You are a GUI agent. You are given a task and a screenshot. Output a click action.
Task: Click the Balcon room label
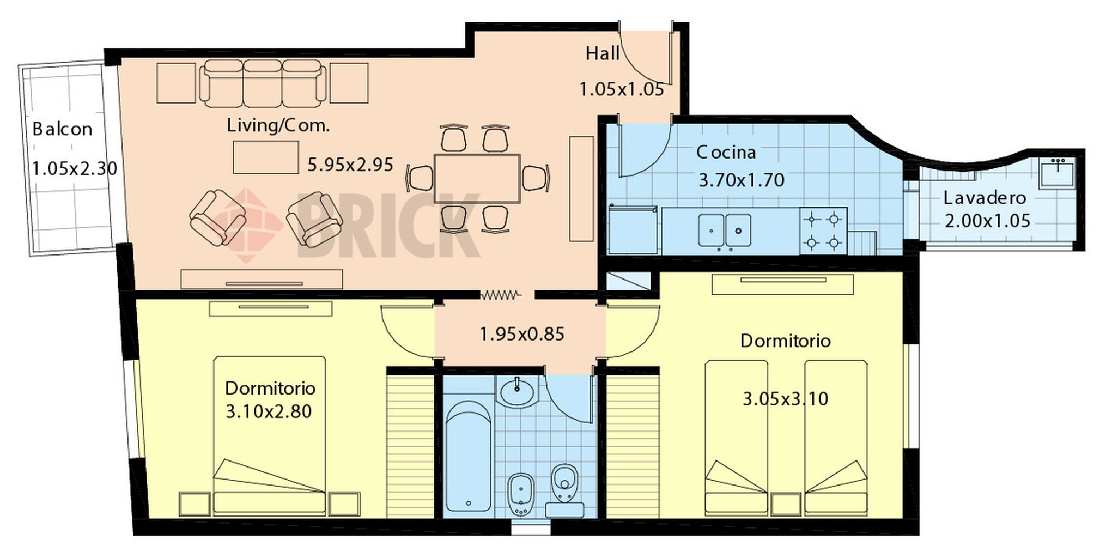coord(62,129)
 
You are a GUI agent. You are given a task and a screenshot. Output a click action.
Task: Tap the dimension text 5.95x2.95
coord(350,165)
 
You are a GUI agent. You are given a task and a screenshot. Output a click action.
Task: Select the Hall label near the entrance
coord(602,53)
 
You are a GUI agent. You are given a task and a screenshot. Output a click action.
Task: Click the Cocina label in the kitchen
coord(726,152)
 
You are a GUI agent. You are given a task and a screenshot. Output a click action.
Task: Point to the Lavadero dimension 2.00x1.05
coord(987,221)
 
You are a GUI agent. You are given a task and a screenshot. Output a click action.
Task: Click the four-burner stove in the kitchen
coord(823,231)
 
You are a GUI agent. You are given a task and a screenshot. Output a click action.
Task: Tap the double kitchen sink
coord(725,230)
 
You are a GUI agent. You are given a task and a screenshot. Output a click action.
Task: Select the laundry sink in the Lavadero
coord(1057,173)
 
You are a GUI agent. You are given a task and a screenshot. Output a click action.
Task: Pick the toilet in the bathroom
coord(564,485)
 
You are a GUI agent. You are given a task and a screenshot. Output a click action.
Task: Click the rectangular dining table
coord(477,178)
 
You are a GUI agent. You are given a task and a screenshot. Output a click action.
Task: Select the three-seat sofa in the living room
coord(262,83)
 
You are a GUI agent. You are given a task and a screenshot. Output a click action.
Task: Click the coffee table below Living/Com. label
coord(265,157)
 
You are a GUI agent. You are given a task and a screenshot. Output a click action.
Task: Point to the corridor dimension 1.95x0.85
coord(521,334)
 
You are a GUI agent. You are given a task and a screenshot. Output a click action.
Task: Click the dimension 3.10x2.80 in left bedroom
coord(269,411)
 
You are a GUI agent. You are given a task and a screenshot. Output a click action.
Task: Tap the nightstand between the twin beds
coord(786,504)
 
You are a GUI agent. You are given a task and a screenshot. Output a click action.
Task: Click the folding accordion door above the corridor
coord(500,295)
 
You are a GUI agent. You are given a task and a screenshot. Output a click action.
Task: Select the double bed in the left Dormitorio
coord(269,436)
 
